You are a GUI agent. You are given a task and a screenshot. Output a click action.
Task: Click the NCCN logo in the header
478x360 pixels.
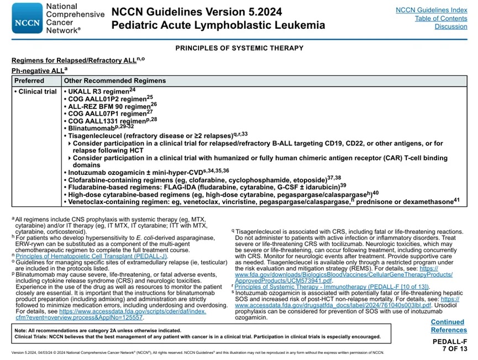(x=27, y=18)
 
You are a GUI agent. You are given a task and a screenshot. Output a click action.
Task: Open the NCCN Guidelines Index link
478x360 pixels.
(x=431, y=10)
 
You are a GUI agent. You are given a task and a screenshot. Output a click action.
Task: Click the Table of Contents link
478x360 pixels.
(x=440, y=18)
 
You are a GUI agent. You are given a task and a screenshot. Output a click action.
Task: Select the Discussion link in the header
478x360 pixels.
(x=450, y=27)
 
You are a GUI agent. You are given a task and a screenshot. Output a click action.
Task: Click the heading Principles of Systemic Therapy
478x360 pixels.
(x=239, y=48)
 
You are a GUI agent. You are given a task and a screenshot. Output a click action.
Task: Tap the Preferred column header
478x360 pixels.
(x=29, y=81)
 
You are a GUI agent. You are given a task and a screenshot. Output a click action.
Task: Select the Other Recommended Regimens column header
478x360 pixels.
(x=115, y=81)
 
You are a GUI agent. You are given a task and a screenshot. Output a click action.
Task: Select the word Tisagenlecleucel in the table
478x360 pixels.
(x=94, y=135)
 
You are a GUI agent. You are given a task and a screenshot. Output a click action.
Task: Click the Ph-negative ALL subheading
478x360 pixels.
(x=37, y=71)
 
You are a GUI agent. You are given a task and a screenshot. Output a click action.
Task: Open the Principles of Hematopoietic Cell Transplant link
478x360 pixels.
(x=91, y=256)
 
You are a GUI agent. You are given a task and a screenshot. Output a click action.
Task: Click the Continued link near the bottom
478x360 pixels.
(x=447, y=322)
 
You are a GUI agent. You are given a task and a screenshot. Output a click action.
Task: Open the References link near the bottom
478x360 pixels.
(x=449, y=330)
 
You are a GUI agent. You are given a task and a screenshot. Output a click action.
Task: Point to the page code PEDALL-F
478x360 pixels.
(x=449, y=342)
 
